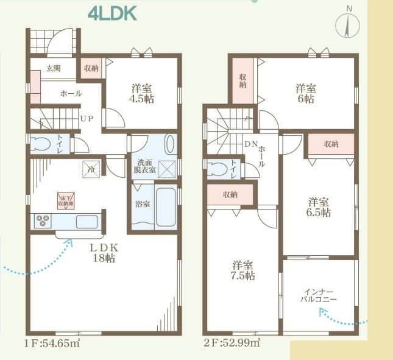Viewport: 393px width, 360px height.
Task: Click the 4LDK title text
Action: point(112,13)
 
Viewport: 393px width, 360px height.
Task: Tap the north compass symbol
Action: point(349,25)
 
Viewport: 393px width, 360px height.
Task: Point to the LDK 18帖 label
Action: point(103,253)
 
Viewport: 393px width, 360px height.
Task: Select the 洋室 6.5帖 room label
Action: point(319,207)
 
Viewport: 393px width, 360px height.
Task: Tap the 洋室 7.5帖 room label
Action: point(243,270)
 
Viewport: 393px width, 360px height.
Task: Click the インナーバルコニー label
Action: point(318,295)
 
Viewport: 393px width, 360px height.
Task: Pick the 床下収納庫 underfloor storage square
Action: point(65,199)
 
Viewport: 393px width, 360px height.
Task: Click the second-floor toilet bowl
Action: point(217,169)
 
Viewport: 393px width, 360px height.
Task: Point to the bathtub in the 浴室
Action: point(165,207)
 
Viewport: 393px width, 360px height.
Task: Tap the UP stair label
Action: point(86,119)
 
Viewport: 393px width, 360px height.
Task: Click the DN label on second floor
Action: point(250,144)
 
